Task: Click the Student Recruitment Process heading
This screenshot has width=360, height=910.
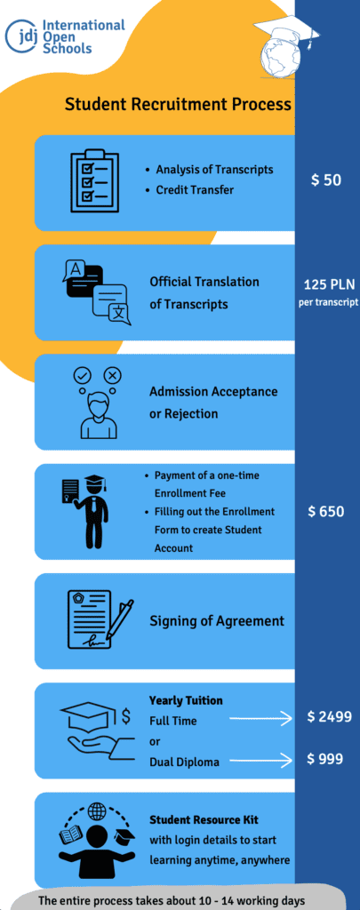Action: click(178, 105)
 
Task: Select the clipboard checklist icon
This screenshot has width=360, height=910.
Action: click(94, 181)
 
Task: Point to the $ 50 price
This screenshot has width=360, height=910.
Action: click(325, 180)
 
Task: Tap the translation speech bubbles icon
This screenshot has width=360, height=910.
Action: click(96, 291)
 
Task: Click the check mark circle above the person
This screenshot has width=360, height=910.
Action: click(80, 376)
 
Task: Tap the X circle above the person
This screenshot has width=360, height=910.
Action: click(113, 376)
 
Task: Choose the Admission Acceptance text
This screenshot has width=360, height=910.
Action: click(213, 392)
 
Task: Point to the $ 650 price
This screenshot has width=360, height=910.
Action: click(325, 512)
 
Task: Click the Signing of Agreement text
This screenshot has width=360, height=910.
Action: click(217, 621)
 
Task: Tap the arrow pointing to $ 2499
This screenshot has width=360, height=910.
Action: click(260, 720)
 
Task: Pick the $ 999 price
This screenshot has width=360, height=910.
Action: click(325, 759)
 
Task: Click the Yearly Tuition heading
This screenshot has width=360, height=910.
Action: click(186, 700)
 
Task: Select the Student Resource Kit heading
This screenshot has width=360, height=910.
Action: click(204, 820)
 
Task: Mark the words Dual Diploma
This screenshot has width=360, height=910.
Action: click(184, 762)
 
